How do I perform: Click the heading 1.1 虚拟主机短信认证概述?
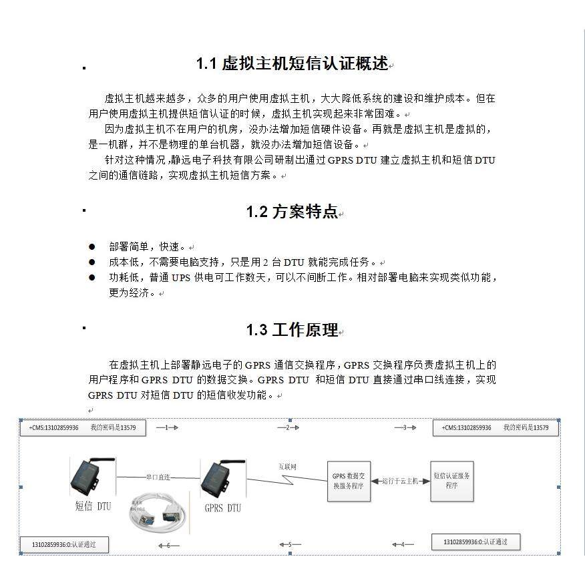tap(292, 64)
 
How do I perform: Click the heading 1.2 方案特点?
tap(292, 212)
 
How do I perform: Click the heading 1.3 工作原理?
tap(292, 330)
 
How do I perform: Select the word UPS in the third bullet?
tap(181, 278)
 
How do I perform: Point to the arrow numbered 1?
tap(167, 427)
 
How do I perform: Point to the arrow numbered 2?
tap(288, 427)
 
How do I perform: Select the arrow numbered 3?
tap(405, 427)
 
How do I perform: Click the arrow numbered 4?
tap(403, 544)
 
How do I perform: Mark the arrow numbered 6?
tap(168, 545)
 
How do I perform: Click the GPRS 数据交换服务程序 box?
tap(349, 481)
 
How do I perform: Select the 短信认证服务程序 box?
tap(452, 481)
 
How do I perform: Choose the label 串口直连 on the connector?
tap(158, 477)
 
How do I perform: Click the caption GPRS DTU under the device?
tap(222, 508)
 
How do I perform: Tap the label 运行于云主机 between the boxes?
tap(400, 481)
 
